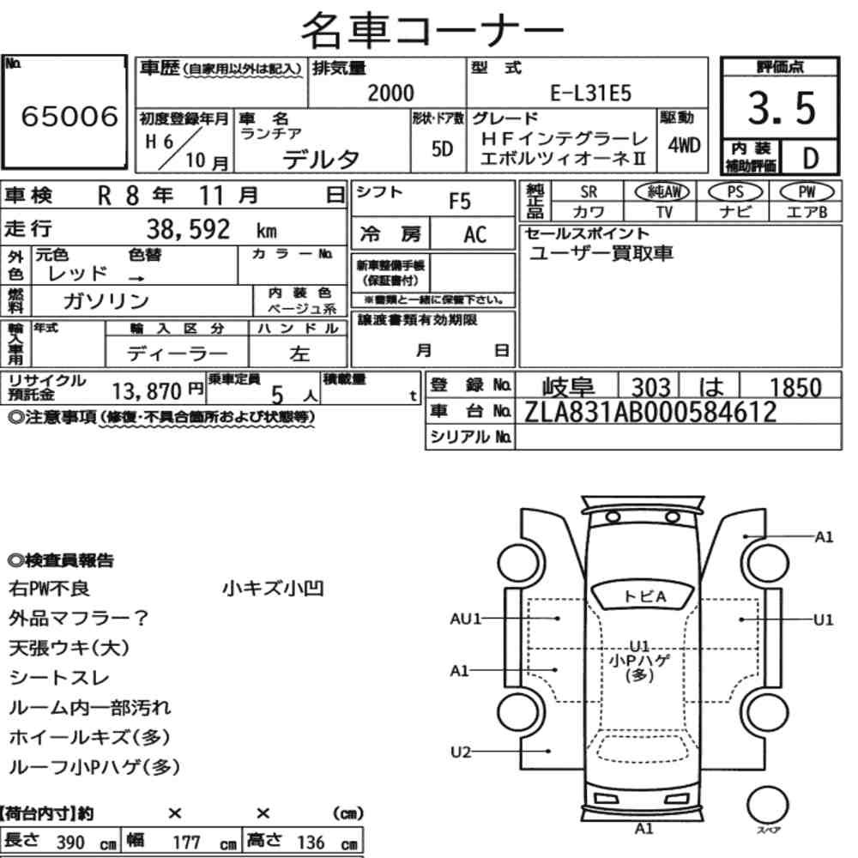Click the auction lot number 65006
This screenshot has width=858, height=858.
[x=69, y=117]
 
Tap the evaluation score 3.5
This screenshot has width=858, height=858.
[x=782, y=108]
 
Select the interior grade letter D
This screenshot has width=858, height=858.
[x=810, y=158]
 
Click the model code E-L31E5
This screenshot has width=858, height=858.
[x=590, y=94]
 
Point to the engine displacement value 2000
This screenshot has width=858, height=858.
[x=390, y=93]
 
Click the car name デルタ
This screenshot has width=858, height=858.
[x=321, y=160]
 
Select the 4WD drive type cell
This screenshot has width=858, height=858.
[x=684, y=146]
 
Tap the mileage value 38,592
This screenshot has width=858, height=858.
[x=188, y=229]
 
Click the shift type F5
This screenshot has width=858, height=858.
[x=459, y=202]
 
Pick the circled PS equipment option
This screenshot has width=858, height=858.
[x=735, y=192]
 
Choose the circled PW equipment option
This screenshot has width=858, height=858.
[x=807, y=192]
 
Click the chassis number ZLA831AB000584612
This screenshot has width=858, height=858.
[x=650, y=412]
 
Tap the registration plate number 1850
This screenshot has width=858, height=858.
[x=795, y=388]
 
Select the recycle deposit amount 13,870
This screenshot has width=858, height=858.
[x=147, y=391]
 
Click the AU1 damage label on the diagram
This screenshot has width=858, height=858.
[x=465, y=619]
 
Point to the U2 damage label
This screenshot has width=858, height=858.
[x=461, y=752]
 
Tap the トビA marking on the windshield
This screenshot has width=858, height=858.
[x=644, y=596]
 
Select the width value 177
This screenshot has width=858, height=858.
[x=186, y=842]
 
